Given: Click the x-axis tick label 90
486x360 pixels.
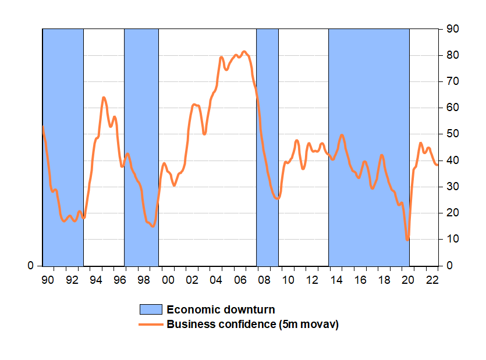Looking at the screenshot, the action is pos(48,280).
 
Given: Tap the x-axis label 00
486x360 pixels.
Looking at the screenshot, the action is pos(168,280).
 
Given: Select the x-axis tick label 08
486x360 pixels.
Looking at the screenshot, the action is pos(264,280).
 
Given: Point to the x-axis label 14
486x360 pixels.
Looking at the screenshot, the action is pos(336,280).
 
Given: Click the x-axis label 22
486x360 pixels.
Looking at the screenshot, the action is pos(432,280).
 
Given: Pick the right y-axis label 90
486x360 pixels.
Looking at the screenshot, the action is pos(452,29).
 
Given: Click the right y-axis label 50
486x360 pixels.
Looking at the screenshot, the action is pos(452,134).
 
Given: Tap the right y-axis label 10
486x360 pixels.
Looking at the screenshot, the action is pos(452,239).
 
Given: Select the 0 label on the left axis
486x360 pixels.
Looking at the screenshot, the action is pos(30,266).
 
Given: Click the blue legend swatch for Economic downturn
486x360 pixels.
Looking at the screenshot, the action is pos(151,309).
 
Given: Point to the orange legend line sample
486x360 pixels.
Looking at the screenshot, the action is pos(151,325).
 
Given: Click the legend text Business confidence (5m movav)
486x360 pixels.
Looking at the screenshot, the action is pos(253,325).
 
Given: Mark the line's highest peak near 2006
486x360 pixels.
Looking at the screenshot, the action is pos(244,52).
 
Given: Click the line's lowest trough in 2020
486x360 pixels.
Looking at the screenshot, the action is pos(407,239).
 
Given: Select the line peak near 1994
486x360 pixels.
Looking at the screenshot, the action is pos(104,98).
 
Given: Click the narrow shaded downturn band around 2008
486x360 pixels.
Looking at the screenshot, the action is pos(268,148).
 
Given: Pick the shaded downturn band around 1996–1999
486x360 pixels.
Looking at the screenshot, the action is pos(141,148).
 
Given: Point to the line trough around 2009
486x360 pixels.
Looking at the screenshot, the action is pos(278,198).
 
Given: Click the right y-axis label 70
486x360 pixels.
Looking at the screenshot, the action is pos(452,81).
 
